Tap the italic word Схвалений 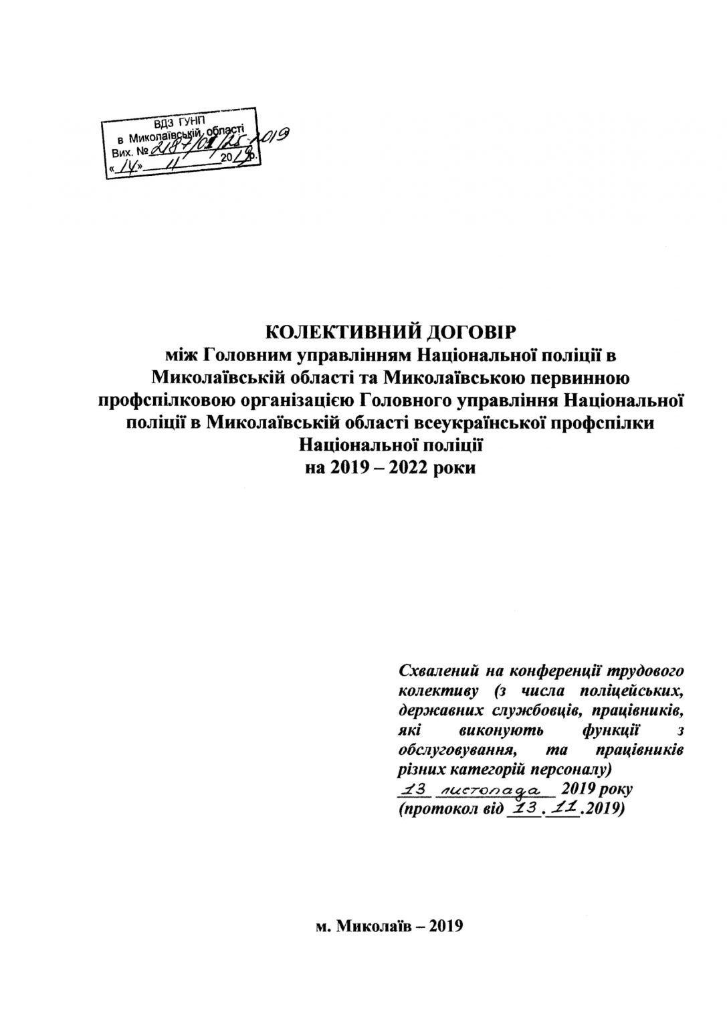pyautogui.click(x=435, y=669)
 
